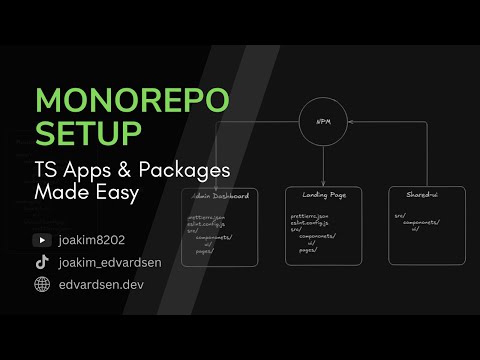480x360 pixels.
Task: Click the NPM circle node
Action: [x=322, y=124]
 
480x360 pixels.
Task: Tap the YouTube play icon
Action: [x=42, y=240]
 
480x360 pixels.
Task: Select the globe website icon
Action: [x=42, y=284]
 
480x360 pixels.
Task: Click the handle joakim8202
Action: [x=94, y=240]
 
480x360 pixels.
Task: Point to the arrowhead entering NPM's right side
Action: [x=348, y=124]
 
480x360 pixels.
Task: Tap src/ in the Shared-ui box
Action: [x=398, y=213]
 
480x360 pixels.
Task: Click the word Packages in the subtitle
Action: [x=181, y=168]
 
